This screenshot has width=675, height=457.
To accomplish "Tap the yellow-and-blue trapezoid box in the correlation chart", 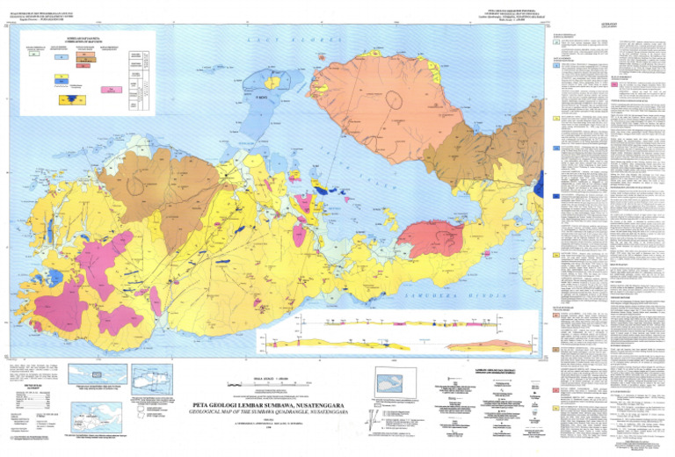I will (67, 100).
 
